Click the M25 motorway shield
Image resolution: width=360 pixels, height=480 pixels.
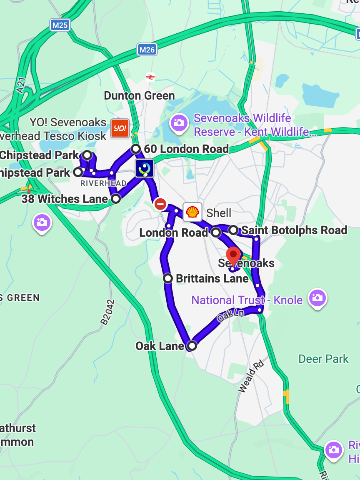click(60, 25)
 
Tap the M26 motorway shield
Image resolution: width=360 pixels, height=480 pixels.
click(147, 50)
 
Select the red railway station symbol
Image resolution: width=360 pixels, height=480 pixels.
click(150, 77)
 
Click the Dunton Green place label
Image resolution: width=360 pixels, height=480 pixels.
click(139, 96)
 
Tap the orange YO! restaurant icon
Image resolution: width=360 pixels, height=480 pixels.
click(120, 128)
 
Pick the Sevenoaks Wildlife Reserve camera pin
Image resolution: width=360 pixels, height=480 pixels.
click(179, 122)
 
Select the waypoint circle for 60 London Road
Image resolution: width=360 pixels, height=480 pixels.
click(135, 149)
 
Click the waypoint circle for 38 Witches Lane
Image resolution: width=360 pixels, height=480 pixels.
click(116, 199)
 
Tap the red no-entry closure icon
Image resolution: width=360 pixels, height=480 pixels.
click(160, 204)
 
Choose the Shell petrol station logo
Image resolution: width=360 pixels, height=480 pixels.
click(192, 212)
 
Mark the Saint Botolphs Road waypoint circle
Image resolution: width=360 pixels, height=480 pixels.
click(233, 230)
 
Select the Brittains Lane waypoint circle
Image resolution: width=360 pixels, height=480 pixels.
click(168, 278)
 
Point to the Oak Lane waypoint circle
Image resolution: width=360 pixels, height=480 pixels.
click(192, 345)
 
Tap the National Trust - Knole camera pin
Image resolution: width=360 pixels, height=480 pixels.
click(317, 298)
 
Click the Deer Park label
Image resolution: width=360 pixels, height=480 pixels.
click(323, 359)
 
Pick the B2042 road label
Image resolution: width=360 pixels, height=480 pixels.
click(107, 312)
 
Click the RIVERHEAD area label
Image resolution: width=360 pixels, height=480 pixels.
click(103, 183)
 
